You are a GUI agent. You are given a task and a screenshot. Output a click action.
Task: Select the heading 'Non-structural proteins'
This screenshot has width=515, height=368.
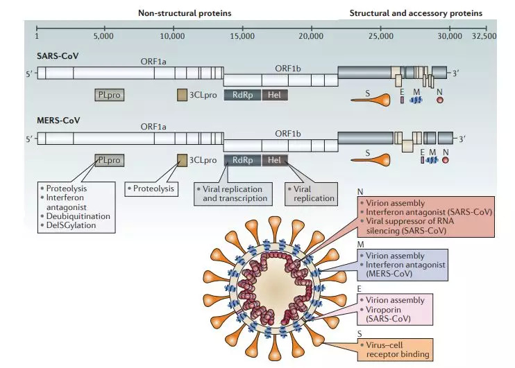click(184, 12)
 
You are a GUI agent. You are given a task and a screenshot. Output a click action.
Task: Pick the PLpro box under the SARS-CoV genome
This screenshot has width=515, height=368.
click(110, 95)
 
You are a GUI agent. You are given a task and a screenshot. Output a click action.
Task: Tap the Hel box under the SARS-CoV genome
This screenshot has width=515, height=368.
click(273, 95)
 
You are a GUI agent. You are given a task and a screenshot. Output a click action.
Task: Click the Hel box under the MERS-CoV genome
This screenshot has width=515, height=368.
click(273, 160)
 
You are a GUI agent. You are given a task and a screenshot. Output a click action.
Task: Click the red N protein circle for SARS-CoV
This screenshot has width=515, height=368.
click(440, 100)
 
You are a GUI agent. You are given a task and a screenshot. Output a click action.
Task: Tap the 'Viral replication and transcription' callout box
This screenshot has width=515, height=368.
click(233, 193)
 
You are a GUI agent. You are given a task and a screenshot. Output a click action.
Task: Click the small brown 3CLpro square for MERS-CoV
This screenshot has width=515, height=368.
click(182, 160)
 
